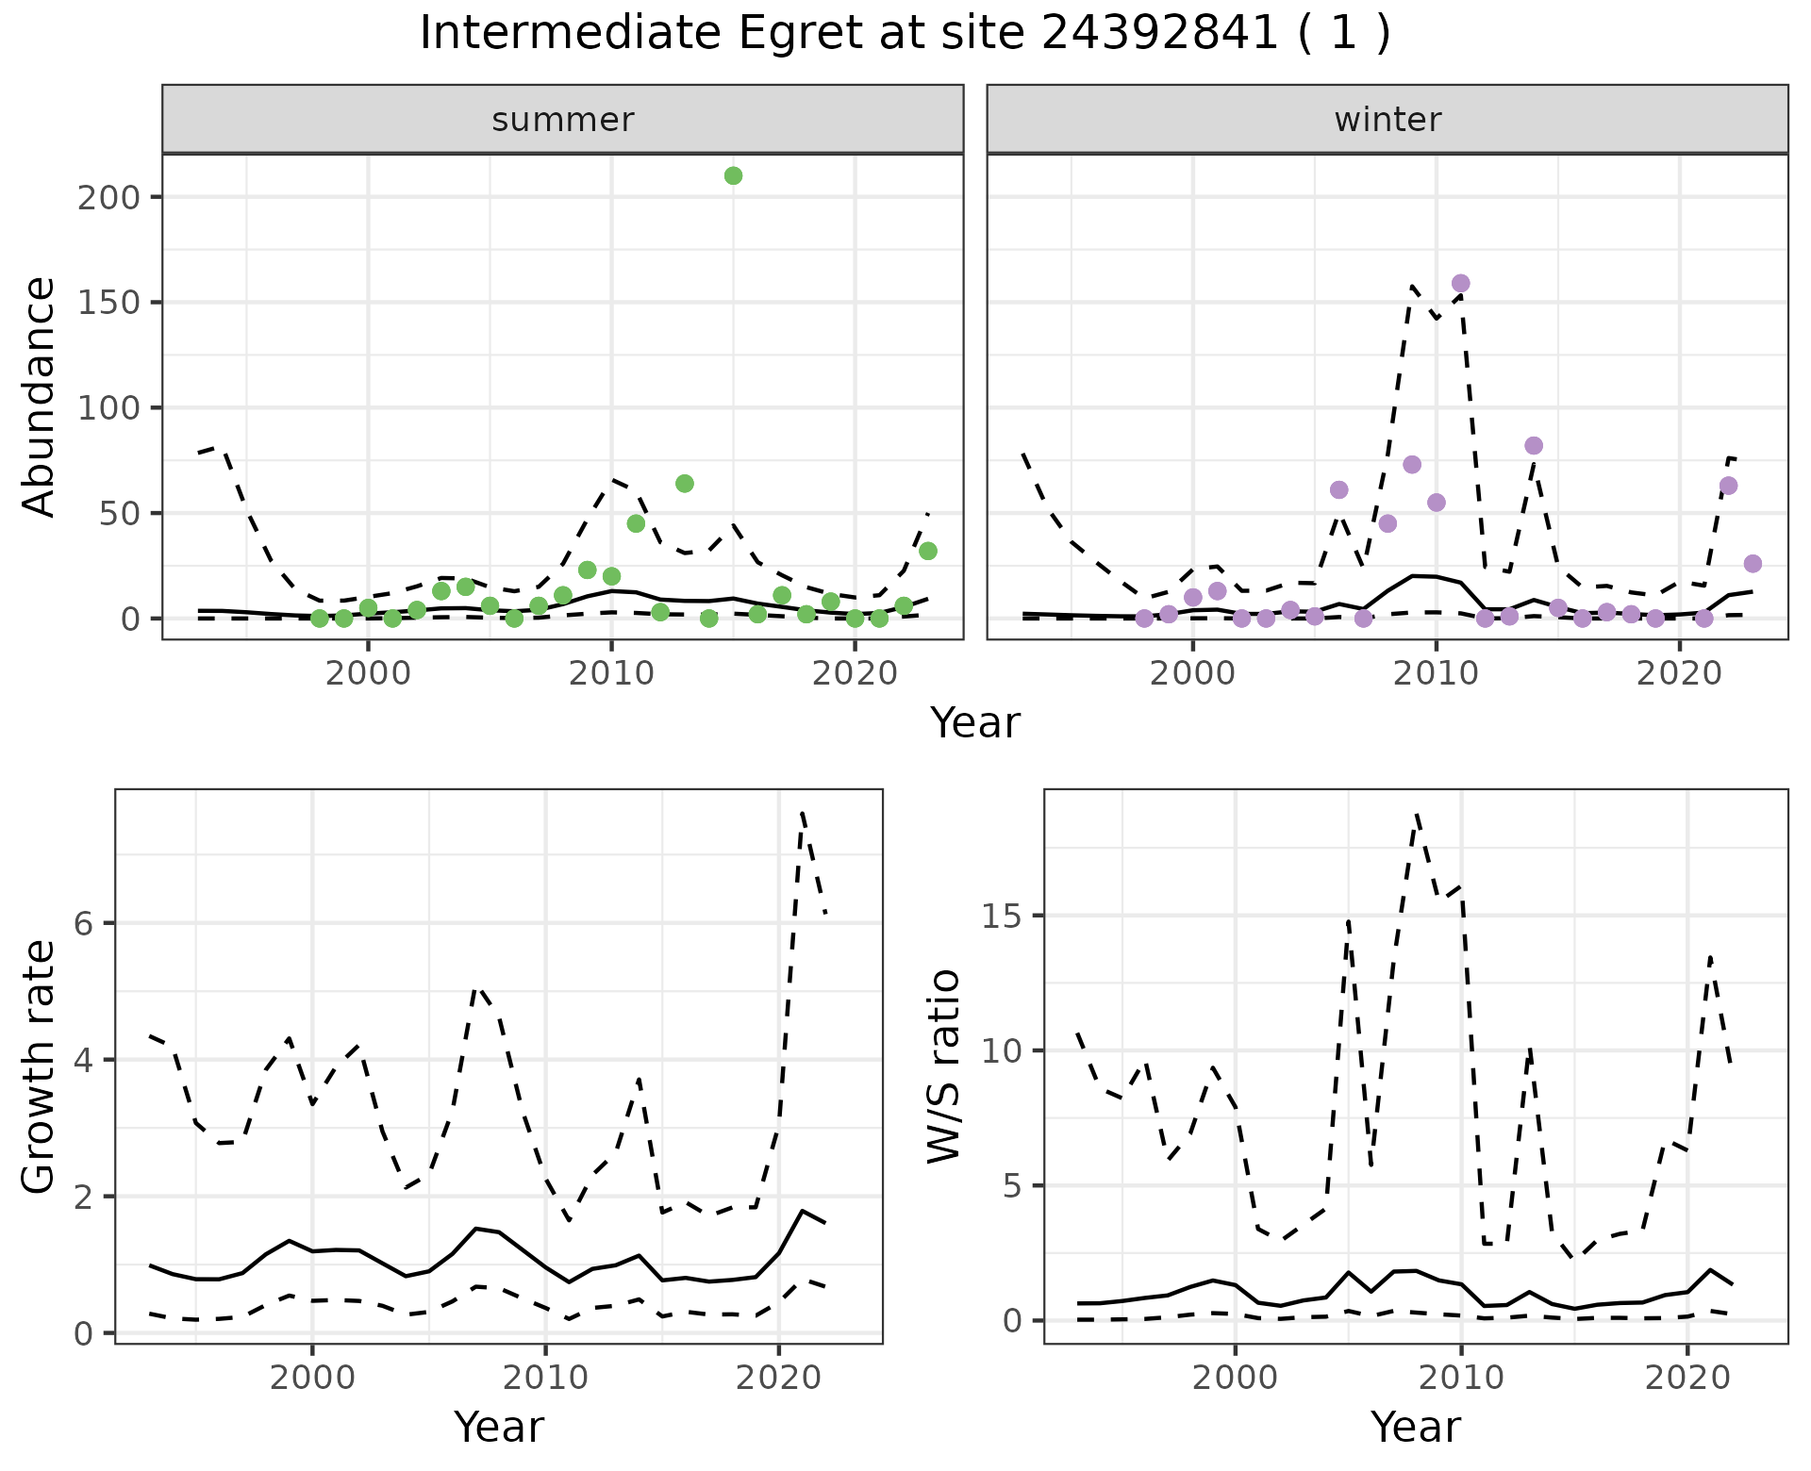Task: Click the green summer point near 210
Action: click(733, 175)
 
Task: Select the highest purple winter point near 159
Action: click(1460, 283)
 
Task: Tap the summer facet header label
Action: click(562, 120)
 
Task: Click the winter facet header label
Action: click(1387, 120)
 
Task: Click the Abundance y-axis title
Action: click(40, 396)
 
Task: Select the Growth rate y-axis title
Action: click(40, 1066)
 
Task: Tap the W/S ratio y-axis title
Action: click(943, 1066)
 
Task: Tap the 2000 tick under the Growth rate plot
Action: click(312, 1378)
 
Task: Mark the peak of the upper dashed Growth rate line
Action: click(802, 812)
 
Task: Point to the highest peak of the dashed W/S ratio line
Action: click(1417, 814)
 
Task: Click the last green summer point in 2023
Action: click(927, 551)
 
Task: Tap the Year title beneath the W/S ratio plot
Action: click(1415, 1427)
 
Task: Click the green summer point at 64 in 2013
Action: click(685, 483)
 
